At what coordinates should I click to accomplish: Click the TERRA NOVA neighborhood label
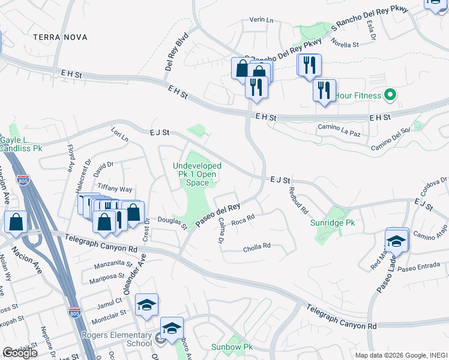pyautogui.click(x=60, y=37)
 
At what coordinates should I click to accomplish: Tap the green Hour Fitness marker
pyautogui.click(x=390, y=95)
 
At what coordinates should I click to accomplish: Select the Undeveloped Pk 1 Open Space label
pyautogui.click(x=197, y=174)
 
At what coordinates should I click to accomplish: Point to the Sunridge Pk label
pyautogui.click(x=333, y=223)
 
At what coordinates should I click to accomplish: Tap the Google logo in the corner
pyautogui.click(x=19, y=353)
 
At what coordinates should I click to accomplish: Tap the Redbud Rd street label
pyautogui.click(x=298, y=202)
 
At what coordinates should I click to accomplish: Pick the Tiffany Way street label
pyautogui.click(x=115, y=189)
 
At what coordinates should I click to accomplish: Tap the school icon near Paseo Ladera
pyautogui.click(x=396, y=240)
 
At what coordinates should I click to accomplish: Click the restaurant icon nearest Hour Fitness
pyautogui.click(x=324, y=91)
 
